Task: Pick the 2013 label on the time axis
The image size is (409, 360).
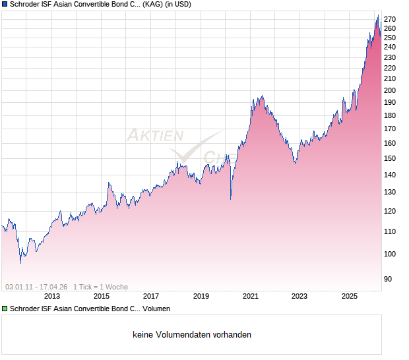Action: click(51, 296)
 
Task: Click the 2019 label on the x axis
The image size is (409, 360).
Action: click(201, 296)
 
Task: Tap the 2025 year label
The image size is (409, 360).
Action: click(350, 296)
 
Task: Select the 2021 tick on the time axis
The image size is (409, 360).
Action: click(250, 296)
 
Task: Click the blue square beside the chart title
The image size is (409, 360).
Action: click(5, 5)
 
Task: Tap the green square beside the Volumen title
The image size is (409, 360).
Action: click(5, 309)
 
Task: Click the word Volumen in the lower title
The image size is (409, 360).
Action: click(156, 309)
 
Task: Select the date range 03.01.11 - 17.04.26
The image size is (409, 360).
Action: click(36, 287)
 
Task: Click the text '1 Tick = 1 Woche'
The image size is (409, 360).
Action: click(100, 287)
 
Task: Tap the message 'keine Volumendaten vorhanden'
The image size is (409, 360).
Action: click(191, 335)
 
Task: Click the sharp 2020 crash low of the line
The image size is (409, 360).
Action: click(230, 198)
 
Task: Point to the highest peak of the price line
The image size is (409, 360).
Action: click(377, 16)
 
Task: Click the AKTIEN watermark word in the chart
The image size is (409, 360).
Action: click(154, 136)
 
